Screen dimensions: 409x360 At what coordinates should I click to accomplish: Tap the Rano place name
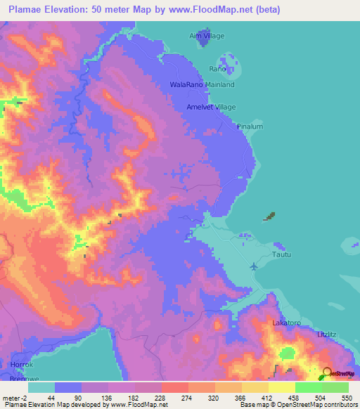pyautogui.click(x=217, y=69)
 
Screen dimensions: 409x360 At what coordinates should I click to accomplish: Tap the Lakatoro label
pyautogui.click(x=287, y=323)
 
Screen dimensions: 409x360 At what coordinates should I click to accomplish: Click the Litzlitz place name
pyautogui.click(x=329, y=333)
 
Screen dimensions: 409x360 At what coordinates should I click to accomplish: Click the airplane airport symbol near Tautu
pyautogui.click(x=254, y=266)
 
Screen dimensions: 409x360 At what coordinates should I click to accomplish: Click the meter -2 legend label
pyautogui.click(x=14, y=397)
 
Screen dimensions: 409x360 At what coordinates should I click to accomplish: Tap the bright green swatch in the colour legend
pyautogui.click(x=309, y=387)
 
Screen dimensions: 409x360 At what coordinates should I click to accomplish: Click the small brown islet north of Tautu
pyautogui.click(x=270, y=216)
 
